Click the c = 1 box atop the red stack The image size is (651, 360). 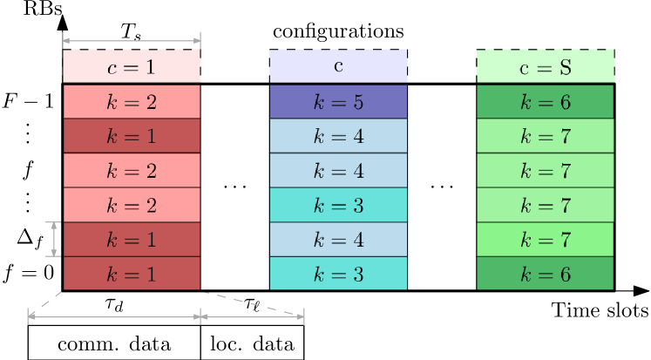click(132, 66)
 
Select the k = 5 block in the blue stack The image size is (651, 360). click(338, 101)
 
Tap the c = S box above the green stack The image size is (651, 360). click(545, 66)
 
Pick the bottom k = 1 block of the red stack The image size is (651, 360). click(132, 274)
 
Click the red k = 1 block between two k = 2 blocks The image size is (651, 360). click(132, 136)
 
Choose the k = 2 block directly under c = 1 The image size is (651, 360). click(132, 101)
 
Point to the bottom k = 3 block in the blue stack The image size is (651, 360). click(338, 274)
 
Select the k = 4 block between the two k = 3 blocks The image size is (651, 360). click(338, 239)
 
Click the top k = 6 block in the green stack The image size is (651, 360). click(545, 101)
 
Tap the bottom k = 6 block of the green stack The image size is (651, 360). click(545, 274)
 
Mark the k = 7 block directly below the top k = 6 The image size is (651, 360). click(545, 136)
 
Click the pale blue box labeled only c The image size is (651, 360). click(338, 66)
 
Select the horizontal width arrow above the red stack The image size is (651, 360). click(132, 40)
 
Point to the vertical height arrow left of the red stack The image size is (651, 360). click(54, 239)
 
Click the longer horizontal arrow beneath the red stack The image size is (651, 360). click(114, 317)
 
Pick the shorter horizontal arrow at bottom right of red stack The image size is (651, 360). click(252, 317)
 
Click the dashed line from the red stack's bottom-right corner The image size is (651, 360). click(253, 303)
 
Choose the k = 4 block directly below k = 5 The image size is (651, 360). click(338, 136)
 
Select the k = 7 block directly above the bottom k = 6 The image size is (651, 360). click(545, 239)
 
